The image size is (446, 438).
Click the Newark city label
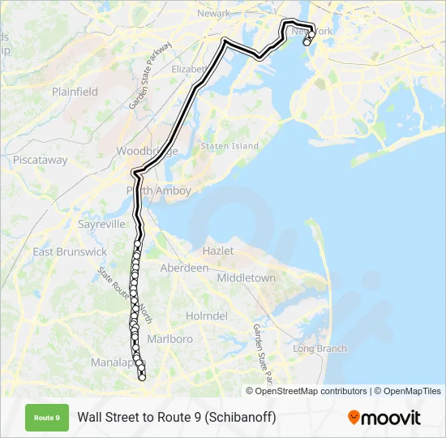pos(214,13)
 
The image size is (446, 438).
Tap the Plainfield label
pos(75,92)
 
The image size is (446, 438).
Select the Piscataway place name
pos(41,160)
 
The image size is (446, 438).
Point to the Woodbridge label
pos(146,152)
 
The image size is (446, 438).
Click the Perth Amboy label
pos(159,191)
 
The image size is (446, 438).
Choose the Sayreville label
pos(101,224)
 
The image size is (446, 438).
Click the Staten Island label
pos(229,146)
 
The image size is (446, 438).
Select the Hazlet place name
pos(220,252)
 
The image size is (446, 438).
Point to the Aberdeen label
pos(184,268)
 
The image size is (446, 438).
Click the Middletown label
pos(247,277)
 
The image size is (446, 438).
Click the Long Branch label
pos(319,349)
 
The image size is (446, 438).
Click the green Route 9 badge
pos(47,418)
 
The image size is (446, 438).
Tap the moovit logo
pos(384,418)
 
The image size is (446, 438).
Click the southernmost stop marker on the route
pos(142,377)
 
